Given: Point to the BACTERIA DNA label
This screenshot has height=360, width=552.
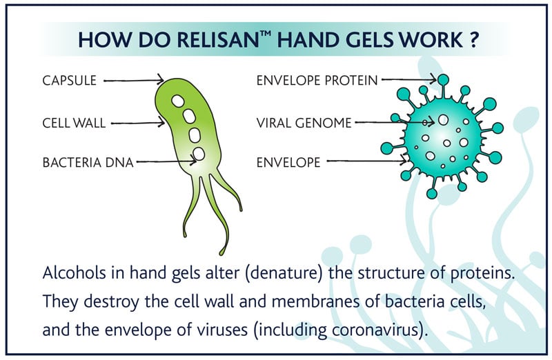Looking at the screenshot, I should pyautogui.click(x=88, y=163).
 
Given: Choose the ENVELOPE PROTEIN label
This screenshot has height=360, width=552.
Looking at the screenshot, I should pyautogui.click(x=317, y=81).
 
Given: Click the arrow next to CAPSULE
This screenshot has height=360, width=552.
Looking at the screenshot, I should pyautogui.click(x=134, y=81).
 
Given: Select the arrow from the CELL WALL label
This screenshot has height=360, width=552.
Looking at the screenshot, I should pyautogui.click(x=138, y=124).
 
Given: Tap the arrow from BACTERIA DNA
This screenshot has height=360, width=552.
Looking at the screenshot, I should pyautogui.click(x=166, y=163).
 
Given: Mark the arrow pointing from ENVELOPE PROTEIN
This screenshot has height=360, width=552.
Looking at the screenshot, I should pyautogui.click(x=407, y=81).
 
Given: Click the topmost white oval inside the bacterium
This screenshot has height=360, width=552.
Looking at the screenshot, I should pyautogui.click(x=179, y=101).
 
